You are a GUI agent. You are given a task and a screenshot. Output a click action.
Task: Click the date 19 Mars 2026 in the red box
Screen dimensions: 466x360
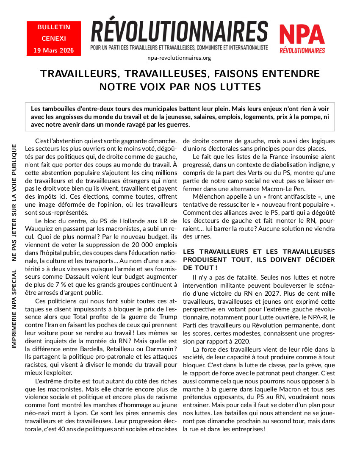53,50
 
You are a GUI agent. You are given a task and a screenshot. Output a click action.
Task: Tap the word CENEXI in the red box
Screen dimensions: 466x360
54,39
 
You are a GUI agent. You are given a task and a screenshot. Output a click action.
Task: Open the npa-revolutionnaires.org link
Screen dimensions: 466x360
179,58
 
